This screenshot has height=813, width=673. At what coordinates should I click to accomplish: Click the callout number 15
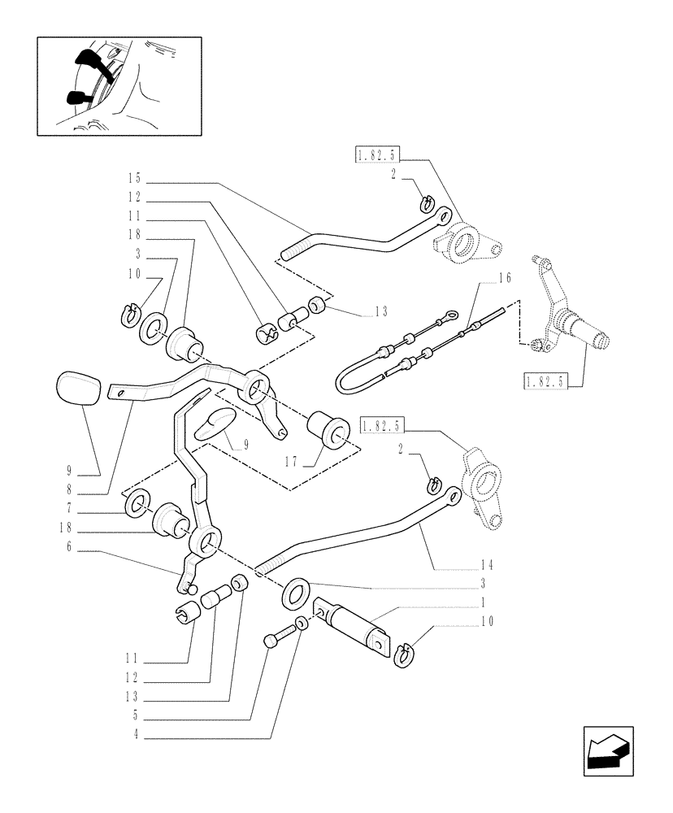coord(133,178)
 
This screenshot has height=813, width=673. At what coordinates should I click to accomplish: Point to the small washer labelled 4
coord(301,624)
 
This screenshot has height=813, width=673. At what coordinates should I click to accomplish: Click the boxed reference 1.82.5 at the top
coord(378,154)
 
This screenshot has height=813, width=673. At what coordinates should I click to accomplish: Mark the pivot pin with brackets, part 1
coord(351,628)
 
